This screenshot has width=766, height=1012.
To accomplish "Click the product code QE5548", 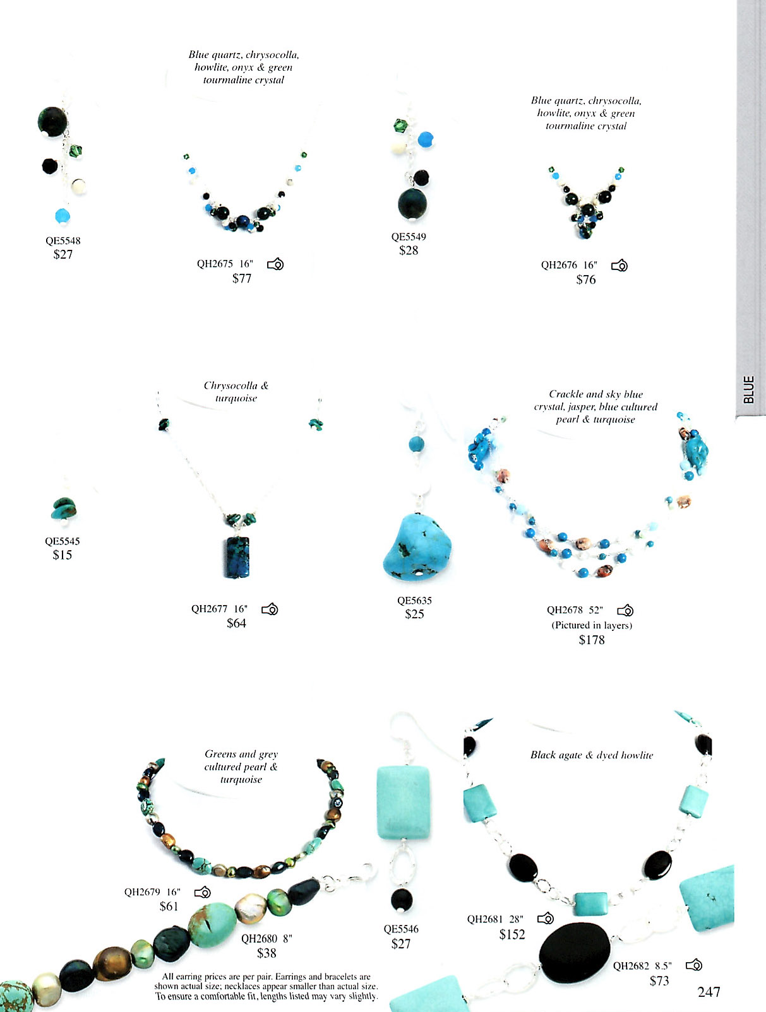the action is tap(63, 240).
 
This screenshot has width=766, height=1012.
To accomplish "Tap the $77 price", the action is tap(242, 278).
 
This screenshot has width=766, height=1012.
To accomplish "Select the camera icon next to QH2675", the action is tap(275, 264).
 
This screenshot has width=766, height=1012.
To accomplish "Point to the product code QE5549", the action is tap(409, 237).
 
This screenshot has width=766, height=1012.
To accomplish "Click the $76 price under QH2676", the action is tap(585, 280).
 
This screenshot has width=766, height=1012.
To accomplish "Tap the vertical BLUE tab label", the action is tap(748, 389).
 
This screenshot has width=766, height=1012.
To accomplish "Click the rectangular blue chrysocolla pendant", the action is tap(237, 557).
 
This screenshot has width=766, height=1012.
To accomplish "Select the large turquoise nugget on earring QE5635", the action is tap(417, 547).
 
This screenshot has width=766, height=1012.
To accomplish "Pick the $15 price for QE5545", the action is tap(63, 555).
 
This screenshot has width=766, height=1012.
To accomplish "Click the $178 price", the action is tap(592, 640).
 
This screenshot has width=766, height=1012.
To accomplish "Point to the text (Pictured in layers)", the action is tap(592, 625).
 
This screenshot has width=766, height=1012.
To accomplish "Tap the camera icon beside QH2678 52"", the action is tap(625, 611).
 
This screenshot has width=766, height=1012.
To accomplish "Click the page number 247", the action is tap(709, 992).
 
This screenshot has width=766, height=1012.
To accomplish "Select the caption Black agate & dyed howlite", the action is tap(592, 755).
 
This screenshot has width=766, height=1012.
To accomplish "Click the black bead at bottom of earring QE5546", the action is tap(402, 900).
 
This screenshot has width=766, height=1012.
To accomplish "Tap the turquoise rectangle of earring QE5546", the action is tap(404, 803).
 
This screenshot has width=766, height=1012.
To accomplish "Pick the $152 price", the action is tap(512, 934).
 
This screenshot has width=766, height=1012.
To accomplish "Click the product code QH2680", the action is tap(259, 939).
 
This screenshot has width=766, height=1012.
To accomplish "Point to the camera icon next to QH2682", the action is tap(694, 965).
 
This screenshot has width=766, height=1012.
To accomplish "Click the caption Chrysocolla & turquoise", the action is tap(236, 392).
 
